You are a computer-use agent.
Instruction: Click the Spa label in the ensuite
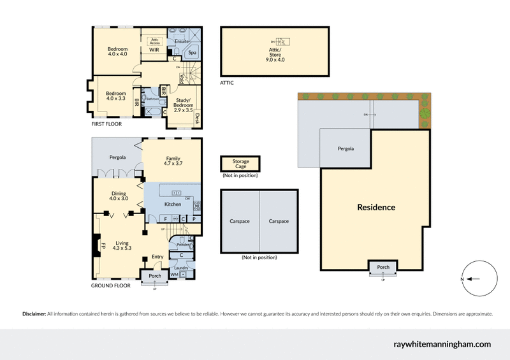pyautogui.click(x=192, y=52)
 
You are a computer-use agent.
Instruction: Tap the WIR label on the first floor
pyautogui.click(x=154, y=49)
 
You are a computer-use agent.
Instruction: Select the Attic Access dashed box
pyautogui.click(x=154, y=40)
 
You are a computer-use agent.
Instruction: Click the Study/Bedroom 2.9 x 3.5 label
pyautogui.click(x=184, y=106)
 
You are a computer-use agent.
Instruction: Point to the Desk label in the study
pyautogui.click(x=198, y=118)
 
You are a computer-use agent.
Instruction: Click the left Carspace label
pyautogui.click(x=240, y=221)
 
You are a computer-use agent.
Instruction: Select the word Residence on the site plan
pyautogui.click(x=375, y=207)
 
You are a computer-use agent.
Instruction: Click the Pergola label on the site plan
pyautogui.click(x=345, y=148)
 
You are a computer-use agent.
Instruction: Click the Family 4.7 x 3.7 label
pyautogui.click(x=172, y=161)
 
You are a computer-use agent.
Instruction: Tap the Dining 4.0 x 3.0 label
pyautogui.click(x=118, y=196)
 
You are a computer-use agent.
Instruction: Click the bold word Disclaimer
pyautogui.click(x=34, y=314)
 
